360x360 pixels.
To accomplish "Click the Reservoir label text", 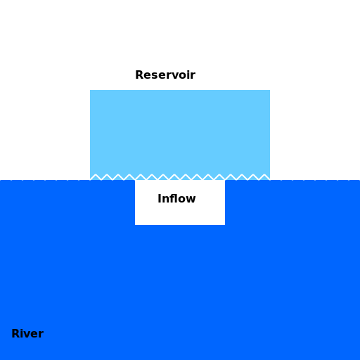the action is [165, 75].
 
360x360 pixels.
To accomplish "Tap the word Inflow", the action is [176, 198].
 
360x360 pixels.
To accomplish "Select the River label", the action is [27, 333].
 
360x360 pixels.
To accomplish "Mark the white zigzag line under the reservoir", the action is [180, 177].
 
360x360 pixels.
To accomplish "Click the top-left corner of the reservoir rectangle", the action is [90, 90].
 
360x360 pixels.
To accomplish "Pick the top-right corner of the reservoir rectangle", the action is [270, 90].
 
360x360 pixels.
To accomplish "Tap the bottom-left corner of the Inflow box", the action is [135, 225].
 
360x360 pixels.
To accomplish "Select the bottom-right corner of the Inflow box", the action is [225, 225].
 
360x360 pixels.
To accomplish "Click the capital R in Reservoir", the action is [139, 75].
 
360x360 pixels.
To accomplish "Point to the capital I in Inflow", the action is [160, 199].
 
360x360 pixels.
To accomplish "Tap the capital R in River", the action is [15, 333].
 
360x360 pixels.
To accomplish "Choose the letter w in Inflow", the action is [191, 200].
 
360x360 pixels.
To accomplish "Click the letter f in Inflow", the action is [172, 198].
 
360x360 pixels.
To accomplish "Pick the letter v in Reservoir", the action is [173, 77].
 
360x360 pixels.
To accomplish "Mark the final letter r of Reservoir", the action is [193, 76].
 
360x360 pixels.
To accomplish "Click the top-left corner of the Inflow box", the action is [135, 180].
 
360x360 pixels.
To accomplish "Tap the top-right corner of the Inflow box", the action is [225, 180].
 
